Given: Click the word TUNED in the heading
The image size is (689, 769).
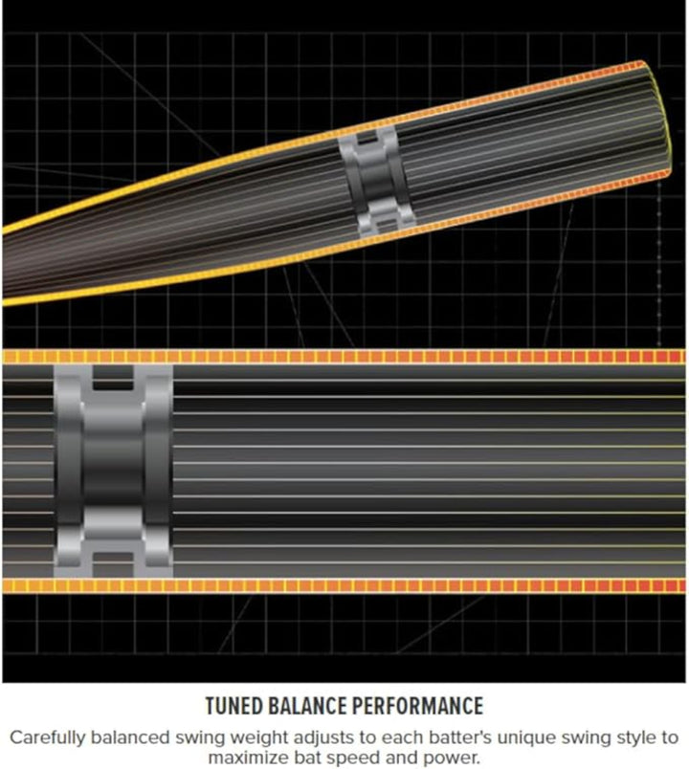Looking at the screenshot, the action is click(x=234, y=706).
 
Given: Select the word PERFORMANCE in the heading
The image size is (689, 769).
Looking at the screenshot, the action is click(x=417, y=706).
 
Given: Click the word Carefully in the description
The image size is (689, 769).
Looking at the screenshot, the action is click(x=47, y=738).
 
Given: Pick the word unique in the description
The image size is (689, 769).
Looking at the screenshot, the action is click(x=509, y=738).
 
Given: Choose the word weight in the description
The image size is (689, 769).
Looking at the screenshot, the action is click(x=260, y=738).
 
